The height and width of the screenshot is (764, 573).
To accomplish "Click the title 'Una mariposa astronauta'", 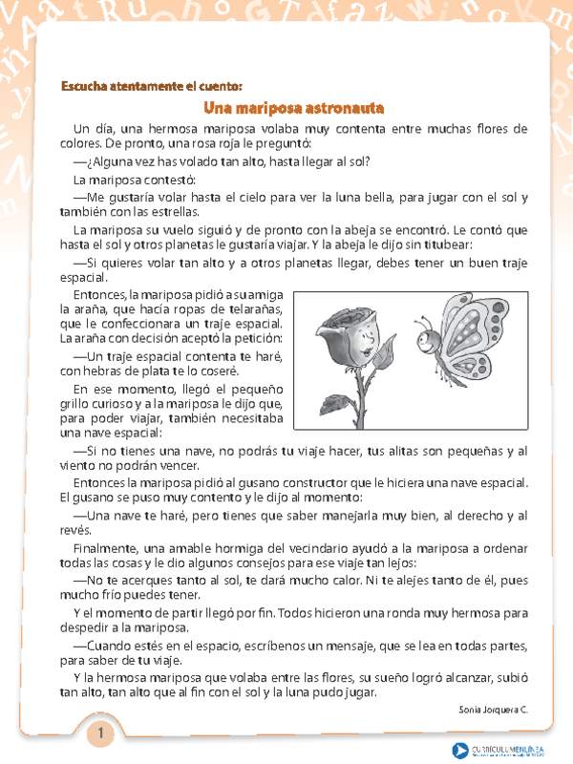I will [286, 107].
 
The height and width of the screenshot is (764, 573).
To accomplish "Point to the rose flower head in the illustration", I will [348, 335].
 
